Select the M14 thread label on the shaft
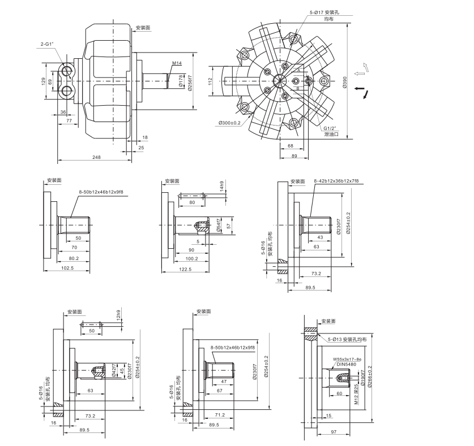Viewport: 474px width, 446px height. pyautogui.click(x=177, y=64)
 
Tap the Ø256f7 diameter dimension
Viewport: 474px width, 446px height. pyautogui.click(x=190, y=84)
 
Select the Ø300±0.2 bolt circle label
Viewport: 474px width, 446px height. pyautogui.click(x=229, y=123)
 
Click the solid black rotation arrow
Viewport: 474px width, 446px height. pyautogui.click(x=368, y=94)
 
